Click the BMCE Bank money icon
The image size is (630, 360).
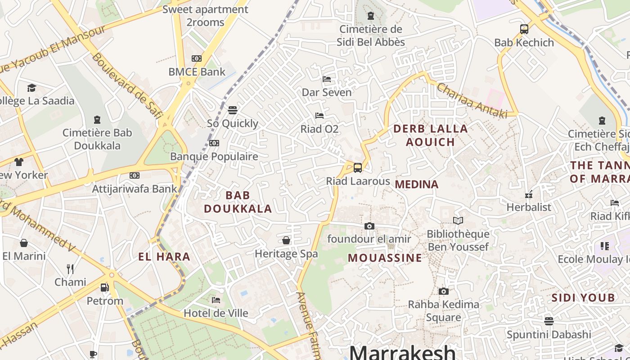(x=197, y=58)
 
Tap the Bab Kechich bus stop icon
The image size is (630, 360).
(x=524, y=29)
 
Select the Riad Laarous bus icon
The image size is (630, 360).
(x=358, y=168)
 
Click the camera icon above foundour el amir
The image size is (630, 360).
(x=369, y=226)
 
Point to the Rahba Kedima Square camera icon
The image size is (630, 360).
(x=444, y=292)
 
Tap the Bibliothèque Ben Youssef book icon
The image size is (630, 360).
(x=458, y=221)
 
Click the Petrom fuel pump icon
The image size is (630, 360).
(x=104, y=287)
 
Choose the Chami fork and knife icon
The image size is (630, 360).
(x=70, y=269)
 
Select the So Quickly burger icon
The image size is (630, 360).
(x=233, y=110)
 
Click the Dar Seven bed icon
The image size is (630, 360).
(x=327, y=79)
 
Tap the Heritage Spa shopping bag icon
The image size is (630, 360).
(x=286, y=240)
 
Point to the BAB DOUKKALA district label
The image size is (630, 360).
(x=238, y=202)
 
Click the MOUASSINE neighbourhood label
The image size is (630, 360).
(x=385, y=258)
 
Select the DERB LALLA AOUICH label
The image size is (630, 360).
(x=431, y=135)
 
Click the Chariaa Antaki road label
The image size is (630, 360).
(x=472, y=100)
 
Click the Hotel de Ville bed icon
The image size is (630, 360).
(x=216, y=300)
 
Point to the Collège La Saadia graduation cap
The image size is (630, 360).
(x=31, y=88)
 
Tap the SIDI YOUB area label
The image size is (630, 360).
(x=583, y=297)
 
